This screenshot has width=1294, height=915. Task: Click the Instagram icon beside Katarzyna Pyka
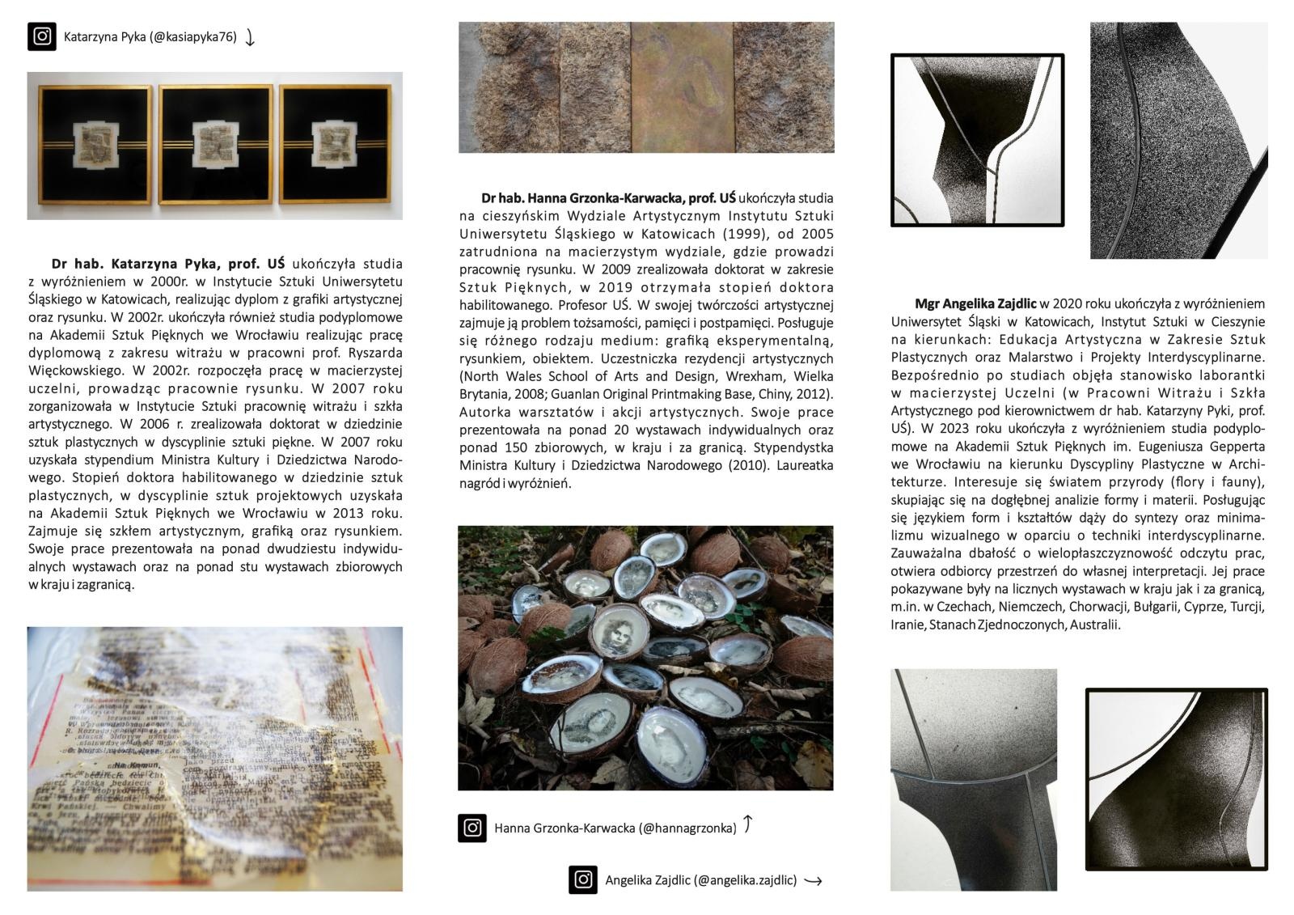(42, 36)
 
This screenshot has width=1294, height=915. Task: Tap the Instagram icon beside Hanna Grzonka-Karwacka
(472, 828)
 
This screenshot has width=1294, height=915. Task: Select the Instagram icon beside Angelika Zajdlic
(583, 880)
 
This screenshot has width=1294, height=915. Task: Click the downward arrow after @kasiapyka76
(250, 37)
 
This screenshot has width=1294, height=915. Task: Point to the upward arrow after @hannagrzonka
(748, 824)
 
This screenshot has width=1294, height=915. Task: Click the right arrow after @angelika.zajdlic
(813, 881)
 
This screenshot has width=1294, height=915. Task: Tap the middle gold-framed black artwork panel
(216, 146)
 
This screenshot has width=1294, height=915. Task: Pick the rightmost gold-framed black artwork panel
(336, 146)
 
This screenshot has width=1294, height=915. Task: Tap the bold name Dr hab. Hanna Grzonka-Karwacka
(608, 198)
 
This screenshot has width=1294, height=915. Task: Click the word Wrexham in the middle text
(762, 376)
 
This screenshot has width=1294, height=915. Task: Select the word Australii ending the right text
(1095, 625)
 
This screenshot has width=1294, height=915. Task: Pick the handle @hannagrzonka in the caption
(687, 828)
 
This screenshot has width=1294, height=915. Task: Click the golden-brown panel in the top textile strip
(682, 87)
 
